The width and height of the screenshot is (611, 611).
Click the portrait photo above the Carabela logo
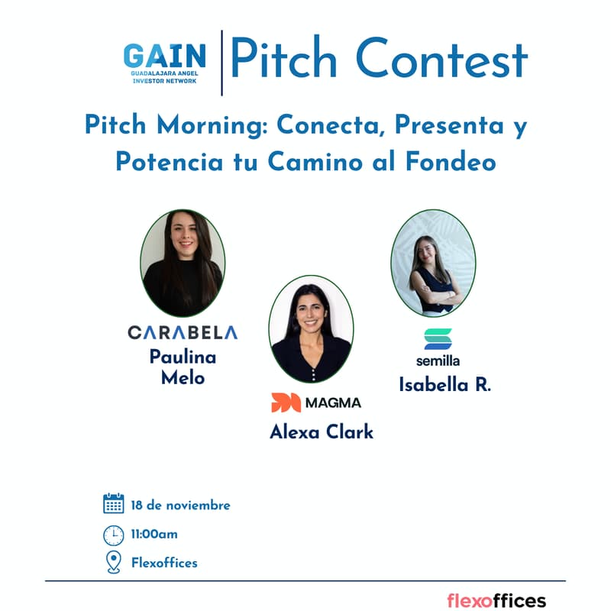(183, 263)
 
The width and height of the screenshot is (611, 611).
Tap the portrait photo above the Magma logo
(311, 329)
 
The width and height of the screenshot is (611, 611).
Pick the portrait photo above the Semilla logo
(433, 263)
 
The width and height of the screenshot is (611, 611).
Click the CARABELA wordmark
(183, 332)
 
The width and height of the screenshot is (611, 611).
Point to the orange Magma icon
(286, 402)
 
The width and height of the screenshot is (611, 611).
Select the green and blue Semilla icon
(438, 339)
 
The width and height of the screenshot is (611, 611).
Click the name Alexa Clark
(322, 432)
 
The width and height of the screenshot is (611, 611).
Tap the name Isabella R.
(445, 385)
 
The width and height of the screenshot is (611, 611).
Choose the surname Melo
(183, 377)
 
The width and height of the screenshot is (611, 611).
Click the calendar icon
(113, 503)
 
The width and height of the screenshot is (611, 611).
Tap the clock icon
(113, 535)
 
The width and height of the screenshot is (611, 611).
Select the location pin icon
(113, 563)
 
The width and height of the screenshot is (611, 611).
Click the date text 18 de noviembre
(180, 505)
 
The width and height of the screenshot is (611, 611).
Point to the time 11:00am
(154, 534)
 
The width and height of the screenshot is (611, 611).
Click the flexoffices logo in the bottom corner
(496, 600)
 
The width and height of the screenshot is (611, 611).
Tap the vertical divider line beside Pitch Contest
(221, 63)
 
